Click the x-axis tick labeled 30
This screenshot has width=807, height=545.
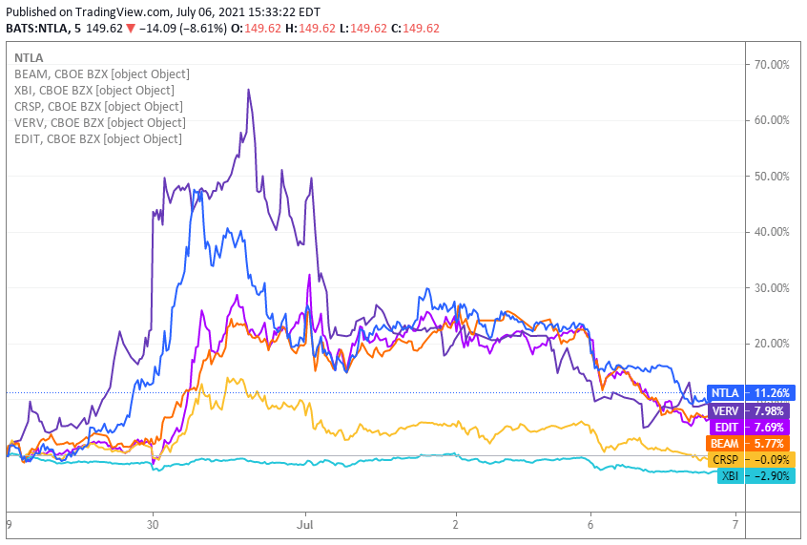tap(153, 524)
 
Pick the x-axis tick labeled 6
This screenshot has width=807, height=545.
tap(590, 524)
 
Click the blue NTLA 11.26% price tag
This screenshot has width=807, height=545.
tap(751, 392)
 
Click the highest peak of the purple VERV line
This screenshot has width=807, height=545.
tap(249, 91)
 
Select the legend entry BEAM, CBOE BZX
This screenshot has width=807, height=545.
tap(101, 73)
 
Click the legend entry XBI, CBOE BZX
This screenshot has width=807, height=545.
tap(93, 90)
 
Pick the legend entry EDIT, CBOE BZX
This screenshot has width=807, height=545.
tap(97, 138)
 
